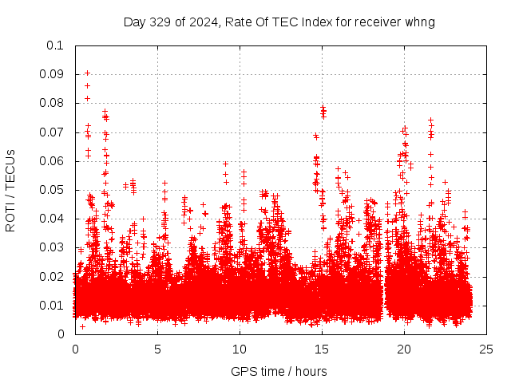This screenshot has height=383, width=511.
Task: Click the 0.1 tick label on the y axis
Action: pyautogui.click(x=55, y=45)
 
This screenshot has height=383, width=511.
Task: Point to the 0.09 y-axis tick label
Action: pyautogui.click(x=52, y=74)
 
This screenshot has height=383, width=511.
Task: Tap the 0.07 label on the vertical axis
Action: pyautogui.click(x=52, y=132)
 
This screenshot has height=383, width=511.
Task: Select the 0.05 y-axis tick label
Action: pyautogui.click(x=52, y=190)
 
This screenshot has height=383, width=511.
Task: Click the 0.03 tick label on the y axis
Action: pyautogui.click(x=52, y=247)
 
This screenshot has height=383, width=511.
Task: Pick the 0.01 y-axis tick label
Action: pyautogui.click(x=52, y=305)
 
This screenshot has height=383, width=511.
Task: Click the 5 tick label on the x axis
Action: pyautogui.click(x=158, y=349)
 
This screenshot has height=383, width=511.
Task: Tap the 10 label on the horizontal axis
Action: pyautogui.click(x=240, y=349)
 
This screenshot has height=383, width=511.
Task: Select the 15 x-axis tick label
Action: pyautogui.click(x=323, y=349)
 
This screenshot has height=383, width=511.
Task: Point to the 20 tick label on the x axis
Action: pyautogui.click(x=405, y=349)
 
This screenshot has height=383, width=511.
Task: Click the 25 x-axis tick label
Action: pyautogui.click(x=487, y=349)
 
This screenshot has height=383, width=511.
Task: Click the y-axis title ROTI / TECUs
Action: pyautogui.click(x=11, y=190)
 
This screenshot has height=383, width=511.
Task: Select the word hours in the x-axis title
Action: pyautogui.click(x=310, y=371)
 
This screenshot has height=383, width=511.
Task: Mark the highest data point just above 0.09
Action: pyautogui.click(x=87, y=73)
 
